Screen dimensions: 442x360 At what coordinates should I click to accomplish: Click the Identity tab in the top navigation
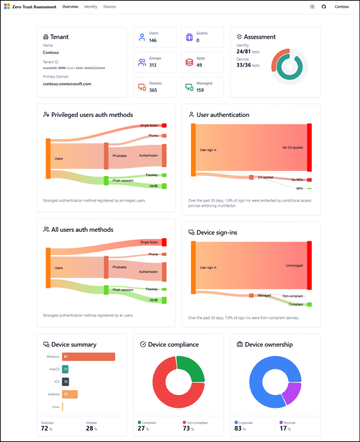91,7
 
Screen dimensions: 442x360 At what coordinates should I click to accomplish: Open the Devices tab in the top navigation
110,7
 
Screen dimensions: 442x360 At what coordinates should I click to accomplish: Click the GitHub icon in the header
324,7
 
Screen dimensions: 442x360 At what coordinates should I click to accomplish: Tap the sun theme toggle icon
312,7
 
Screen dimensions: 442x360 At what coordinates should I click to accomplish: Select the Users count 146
153,41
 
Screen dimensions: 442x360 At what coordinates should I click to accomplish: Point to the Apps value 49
199,65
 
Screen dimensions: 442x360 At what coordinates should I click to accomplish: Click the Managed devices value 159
200,90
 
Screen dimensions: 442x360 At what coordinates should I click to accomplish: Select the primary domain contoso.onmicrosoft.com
67,84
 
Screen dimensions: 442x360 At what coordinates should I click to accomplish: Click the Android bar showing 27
70,395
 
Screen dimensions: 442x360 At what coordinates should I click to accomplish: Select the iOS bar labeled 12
65,382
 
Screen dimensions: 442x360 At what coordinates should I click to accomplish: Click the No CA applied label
293,148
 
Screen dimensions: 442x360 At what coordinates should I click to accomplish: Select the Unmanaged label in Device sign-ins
294,265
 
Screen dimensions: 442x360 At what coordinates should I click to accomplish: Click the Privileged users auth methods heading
92,115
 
